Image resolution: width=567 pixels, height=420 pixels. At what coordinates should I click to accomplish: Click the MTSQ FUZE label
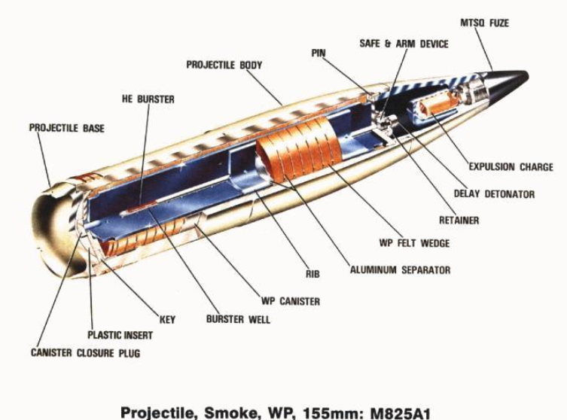click(x=484, y=23)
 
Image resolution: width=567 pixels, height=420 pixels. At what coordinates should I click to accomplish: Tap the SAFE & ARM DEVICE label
click(x=404, y=44)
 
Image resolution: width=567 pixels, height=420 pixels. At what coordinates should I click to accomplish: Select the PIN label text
click(x=319, y=53)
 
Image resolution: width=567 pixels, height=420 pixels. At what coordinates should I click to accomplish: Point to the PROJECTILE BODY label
click(x=224, y=65)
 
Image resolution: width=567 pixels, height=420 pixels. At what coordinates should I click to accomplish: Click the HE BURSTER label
click(x=148, y=99)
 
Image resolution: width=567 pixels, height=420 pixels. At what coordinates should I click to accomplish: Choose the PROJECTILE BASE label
click(x=66, y=128)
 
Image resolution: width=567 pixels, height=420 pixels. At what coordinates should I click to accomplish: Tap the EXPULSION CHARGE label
click(x=511, y=167)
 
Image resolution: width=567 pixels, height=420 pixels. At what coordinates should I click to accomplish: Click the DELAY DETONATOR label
click(x=494, y=193)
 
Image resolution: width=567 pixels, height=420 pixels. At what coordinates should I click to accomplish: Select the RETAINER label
click(x=459, y=221)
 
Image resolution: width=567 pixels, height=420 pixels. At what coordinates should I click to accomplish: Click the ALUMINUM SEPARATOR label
click(x=400, y=269)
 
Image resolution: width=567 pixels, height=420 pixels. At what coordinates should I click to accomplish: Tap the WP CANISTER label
click(x=290, y=301)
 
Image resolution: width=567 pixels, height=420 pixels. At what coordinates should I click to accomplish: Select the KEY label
click(x=167, y=319)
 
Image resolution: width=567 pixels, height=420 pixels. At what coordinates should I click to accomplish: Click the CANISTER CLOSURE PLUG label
click(x=85, y=352)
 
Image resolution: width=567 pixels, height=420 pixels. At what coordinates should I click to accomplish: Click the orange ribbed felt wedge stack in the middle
click(x=297, y=148)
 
